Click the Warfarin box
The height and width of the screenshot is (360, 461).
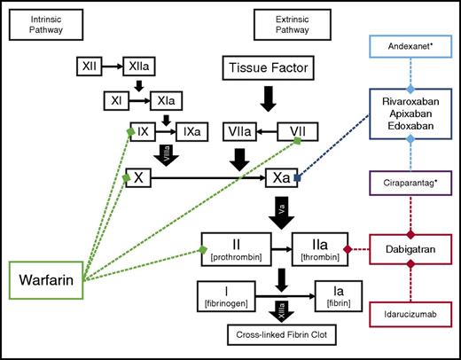tap(45, 284)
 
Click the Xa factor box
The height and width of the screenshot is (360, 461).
tap(282, 178)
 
